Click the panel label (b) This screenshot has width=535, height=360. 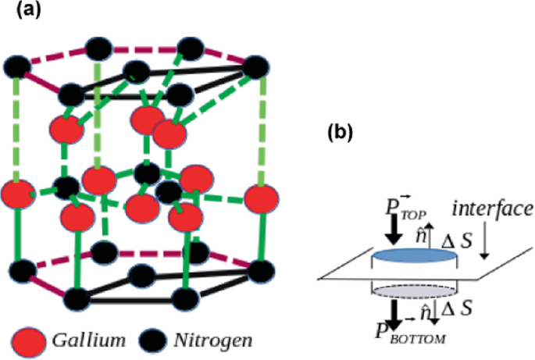click(337, 132)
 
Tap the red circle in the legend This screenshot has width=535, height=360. click(28, 340)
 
